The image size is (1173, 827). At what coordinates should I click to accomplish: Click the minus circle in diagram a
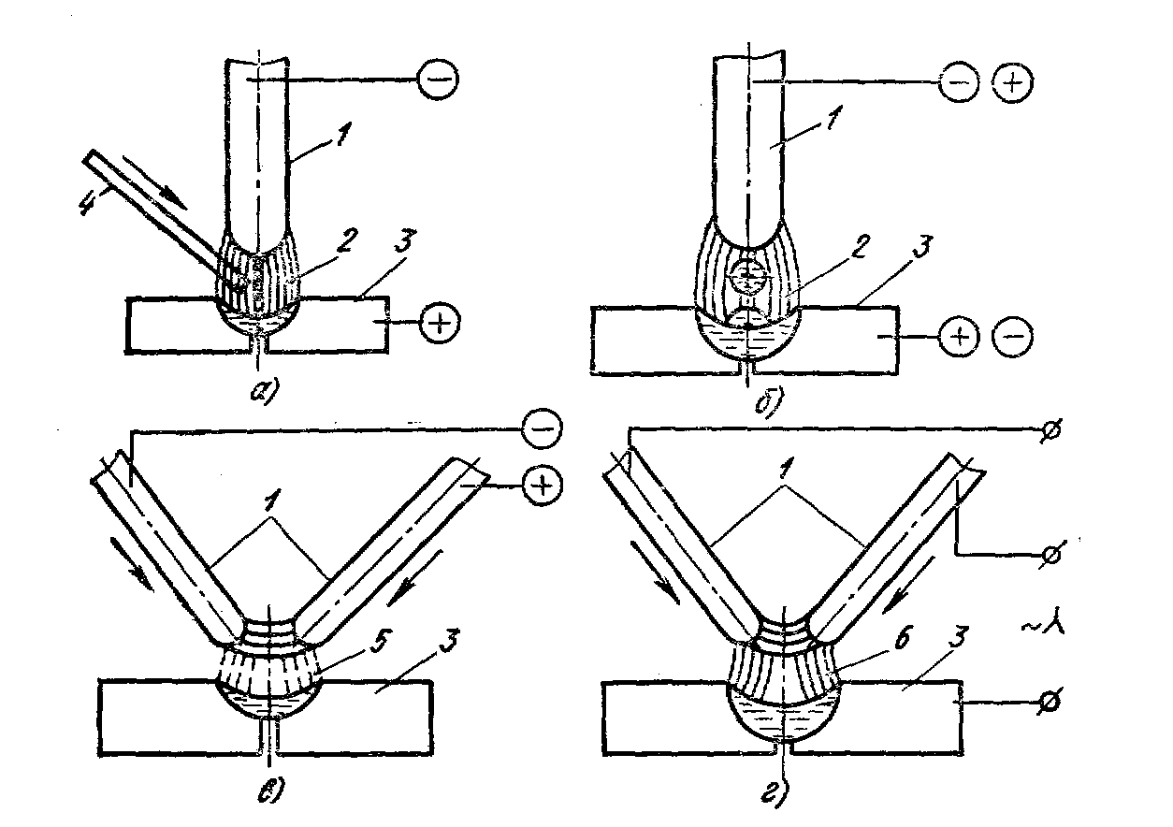438,80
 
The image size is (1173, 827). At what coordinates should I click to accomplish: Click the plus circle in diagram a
440,323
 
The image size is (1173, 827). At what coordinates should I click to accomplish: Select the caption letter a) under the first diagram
265,389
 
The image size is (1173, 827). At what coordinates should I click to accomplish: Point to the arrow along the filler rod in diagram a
154,181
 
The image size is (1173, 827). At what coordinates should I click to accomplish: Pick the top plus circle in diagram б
1013,83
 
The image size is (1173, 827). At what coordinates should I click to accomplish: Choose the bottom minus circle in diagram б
1013,336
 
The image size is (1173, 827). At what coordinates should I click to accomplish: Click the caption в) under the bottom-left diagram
270,790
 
